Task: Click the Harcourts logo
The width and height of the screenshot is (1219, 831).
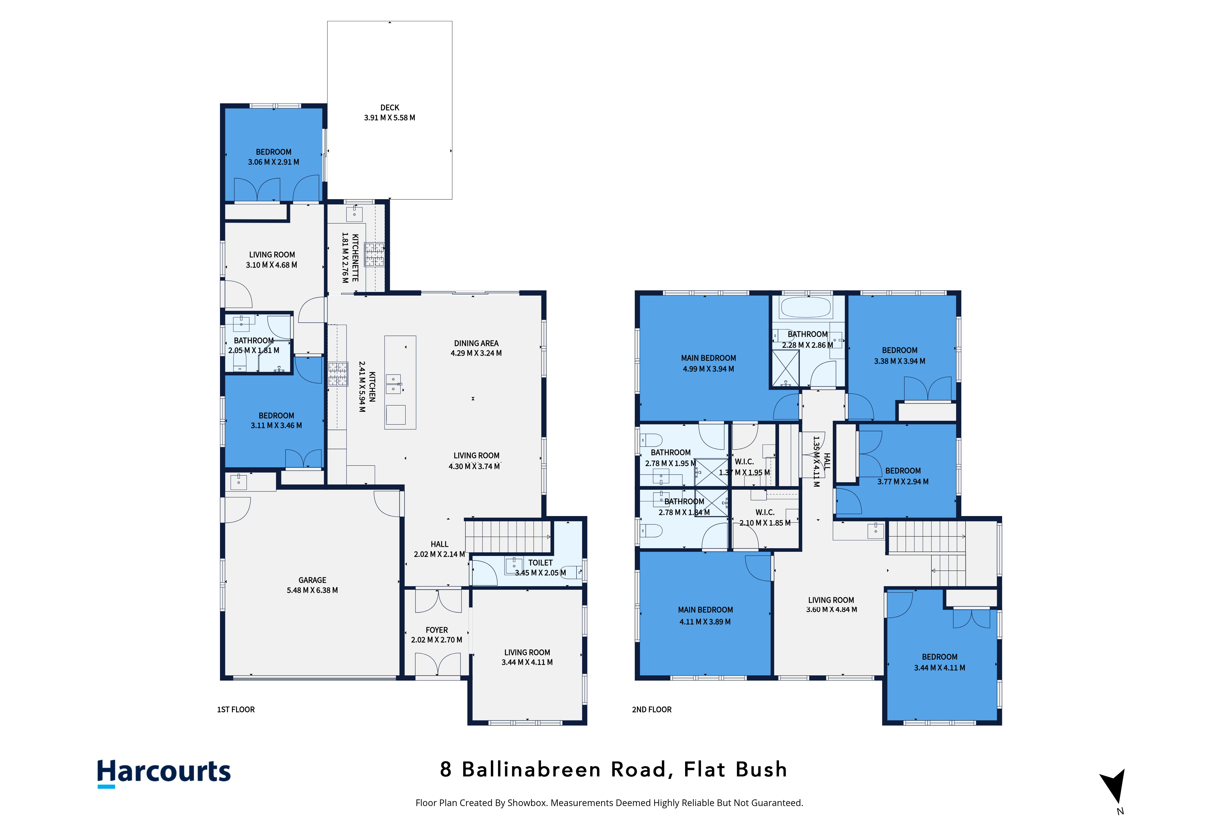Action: pos(164,773)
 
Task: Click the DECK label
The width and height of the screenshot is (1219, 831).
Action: pos(390,107)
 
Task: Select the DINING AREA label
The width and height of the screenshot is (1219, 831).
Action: pos(476,343)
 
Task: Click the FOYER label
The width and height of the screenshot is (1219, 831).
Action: pos(437,630)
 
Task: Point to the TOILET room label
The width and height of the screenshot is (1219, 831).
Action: pos(540,563)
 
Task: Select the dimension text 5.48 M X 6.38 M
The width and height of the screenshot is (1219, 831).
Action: pos(312,590)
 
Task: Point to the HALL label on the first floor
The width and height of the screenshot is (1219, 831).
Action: pos(440,544)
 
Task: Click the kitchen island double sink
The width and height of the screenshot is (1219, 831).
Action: pos(393,384)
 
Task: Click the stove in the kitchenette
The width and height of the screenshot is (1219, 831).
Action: pos(375,255)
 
